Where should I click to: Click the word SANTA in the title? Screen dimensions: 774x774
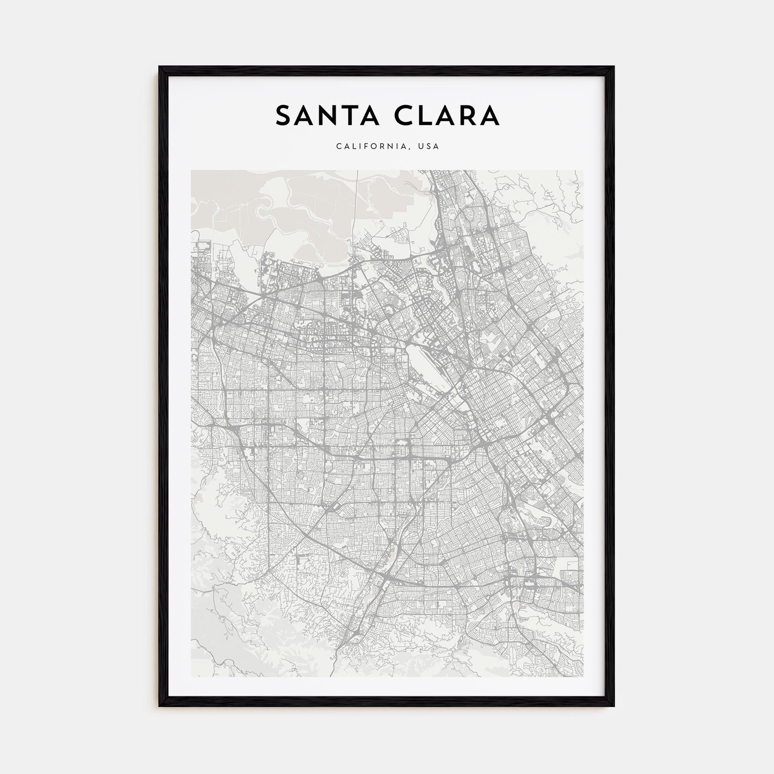click(327, 115)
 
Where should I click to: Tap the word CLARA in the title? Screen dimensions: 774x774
click(447, 115)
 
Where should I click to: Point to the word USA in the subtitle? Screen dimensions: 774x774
click(429, 146)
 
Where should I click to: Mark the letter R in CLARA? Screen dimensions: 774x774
click(467, 115)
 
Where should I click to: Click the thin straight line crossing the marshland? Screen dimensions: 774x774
click(356, 208)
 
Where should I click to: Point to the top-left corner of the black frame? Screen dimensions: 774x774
click(160, 67)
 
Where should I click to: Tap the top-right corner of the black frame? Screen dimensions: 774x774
click(613, 67)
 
